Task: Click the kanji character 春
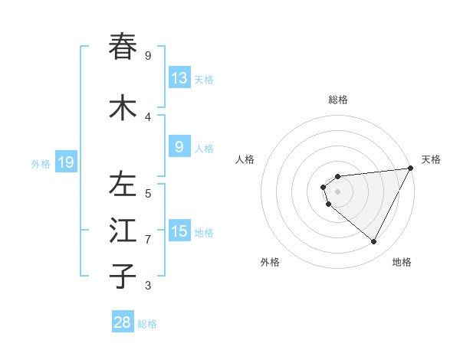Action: click(123, 47)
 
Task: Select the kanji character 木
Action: click(123, 108)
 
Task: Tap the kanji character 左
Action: click(123, 185)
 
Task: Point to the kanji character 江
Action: click(123, 231)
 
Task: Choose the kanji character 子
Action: click(123, 277)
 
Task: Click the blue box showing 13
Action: click(179, 78)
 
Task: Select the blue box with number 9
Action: click(179, 147)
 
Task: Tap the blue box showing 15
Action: click(179, 231)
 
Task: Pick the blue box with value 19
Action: click(66, 162)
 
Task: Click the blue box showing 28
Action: click(123, 322)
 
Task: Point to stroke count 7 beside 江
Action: click(148, 240)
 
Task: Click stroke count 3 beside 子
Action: click(148, 286)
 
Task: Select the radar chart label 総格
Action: click(338, 100)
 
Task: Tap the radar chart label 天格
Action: click(431, 159)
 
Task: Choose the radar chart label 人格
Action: click(245, 159)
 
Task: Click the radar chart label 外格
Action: click(270, 262)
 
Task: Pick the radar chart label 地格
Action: click(402, 262)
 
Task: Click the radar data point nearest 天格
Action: click(411, 169)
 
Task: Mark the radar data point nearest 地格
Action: click(374, 242)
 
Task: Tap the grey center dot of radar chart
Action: click(338, 191)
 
